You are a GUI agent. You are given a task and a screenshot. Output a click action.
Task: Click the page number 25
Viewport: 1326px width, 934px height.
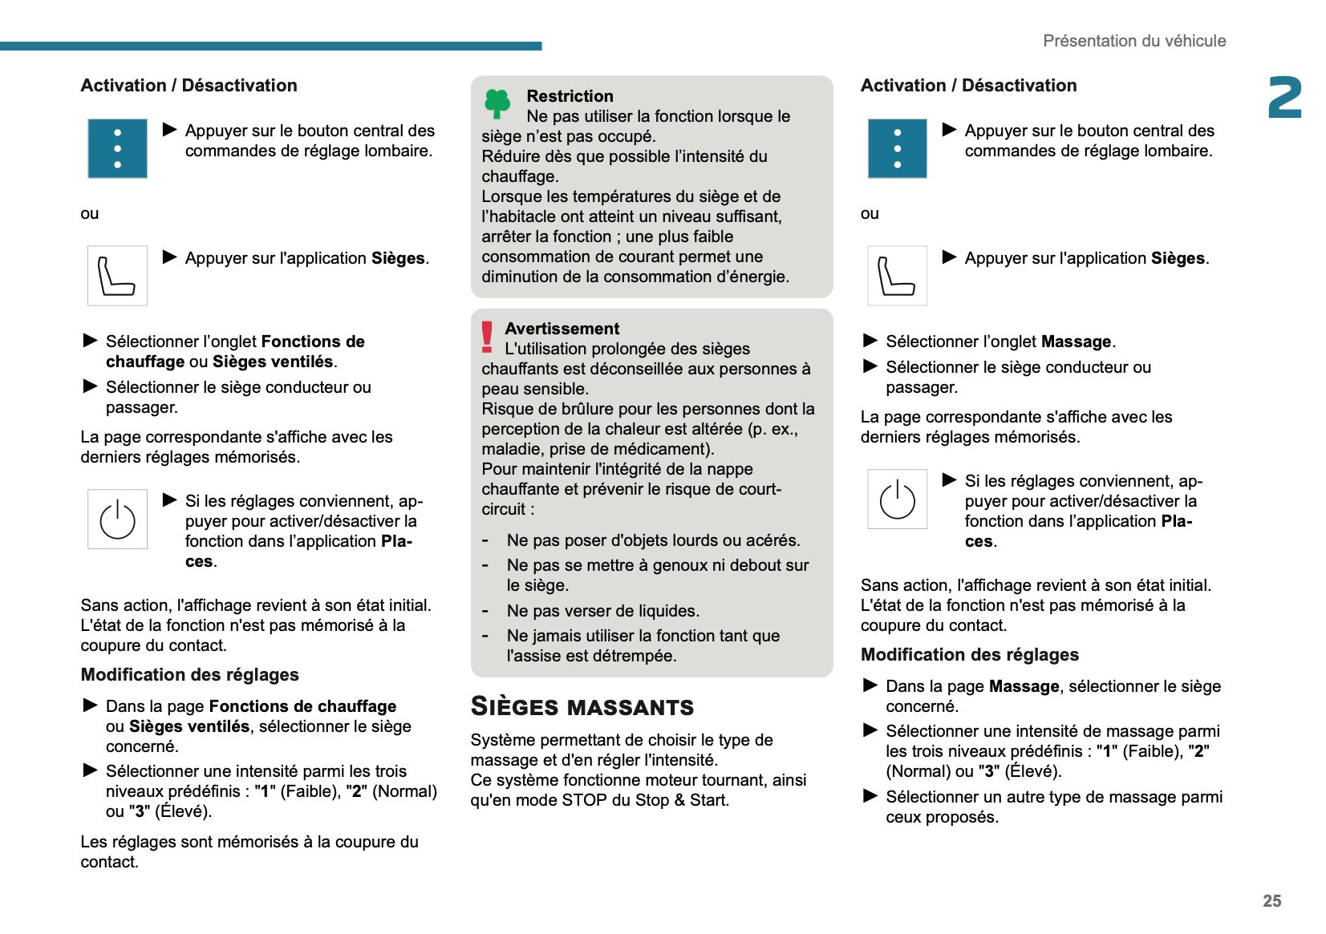[x=1271, y=900]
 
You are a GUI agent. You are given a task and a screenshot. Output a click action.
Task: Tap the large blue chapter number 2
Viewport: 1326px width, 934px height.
[x=1284, y=98]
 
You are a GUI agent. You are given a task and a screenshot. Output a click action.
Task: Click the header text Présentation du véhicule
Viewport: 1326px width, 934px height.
[x=1133, y=41]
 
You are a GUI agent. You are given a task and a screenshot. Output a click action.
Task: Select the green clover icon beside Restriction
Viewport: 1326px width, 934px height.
[x=497, y=103]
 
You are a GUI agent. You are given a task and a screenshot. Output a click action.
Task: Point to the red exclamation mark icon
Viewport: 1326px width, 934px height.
[x=487, y=337]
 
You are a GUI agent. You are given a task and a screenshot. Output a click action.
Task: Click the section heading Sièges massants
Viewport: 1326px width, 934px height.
[x=582, y=706]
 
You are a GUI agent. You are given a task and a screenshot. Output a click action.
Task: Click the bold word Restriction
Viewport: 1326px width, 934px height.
[x=570, y=96]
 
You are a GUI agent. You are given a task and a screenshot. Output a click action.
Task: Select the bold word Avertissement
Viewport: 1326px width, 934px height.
[x=562, y=329]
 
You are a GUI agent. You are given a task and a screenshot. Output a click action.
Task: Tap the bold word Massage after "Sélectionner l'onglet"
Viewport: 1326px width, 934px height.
[x=1076, y=342]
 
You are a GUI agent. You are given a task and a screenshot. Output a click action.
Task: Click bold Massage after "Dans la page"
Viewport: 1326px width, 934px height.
[x=1024, y=686]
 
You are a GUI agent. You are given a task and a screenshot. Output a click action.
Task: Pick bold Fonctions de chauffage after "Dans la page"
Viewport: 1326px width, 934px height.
[x=302, y=706]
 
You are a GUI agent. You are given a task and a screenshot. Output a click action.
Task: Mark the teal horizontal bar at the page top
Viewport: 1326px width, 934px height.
[x=270, y=46]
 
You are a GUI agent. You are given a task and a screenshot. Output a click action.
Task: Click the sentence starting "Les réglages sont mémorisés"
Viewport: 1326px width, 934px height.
[x=249, y=851]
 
